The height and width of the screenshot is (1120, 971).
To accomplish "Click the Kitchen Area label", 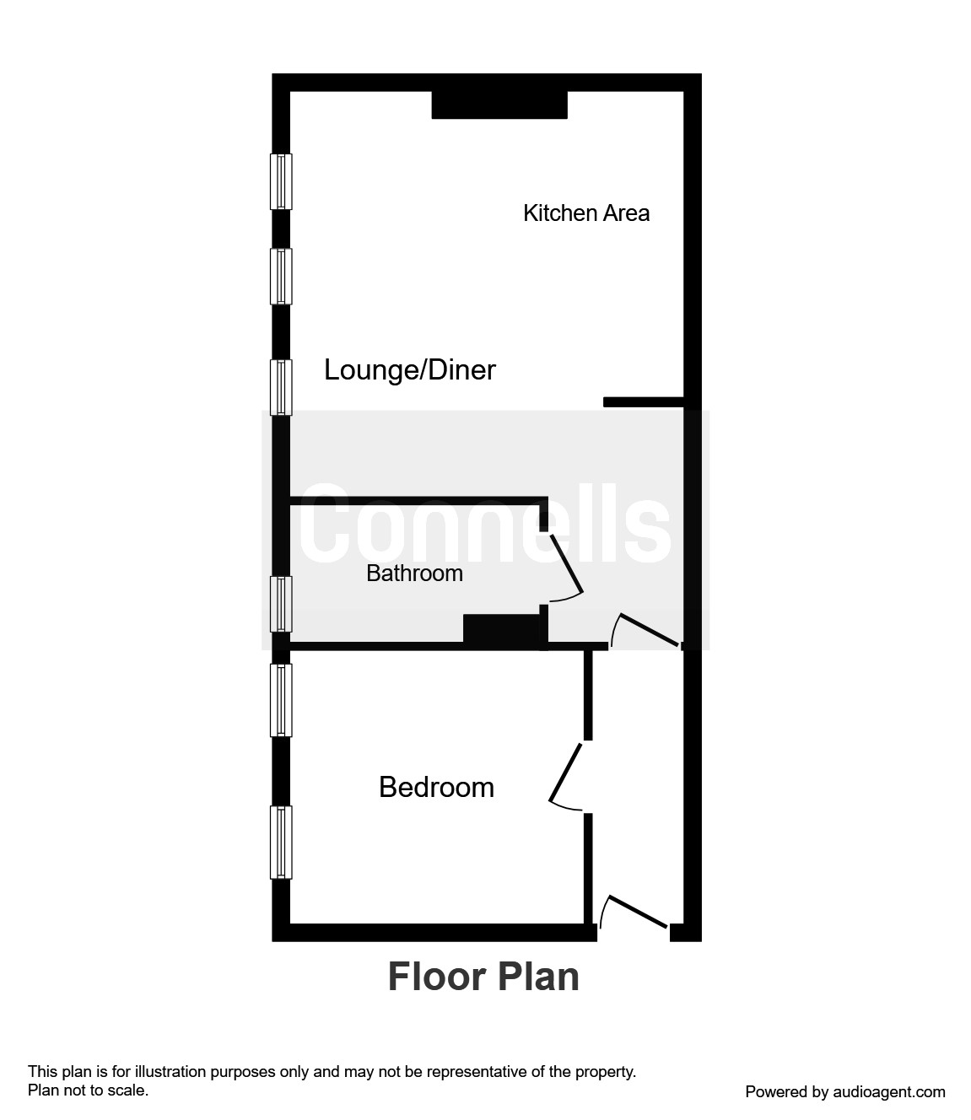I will click(586, 213).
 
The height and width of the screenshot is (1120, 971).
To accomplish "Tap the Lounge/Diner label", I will click(410, 369).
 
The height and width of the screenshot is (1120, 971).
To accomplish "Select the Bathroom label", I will click(414, 573).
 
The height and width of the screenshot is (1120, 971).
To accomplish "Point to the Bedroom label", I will click(436, 787).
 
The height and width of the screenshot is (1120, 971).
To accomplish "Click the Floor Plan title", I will click(483, 977).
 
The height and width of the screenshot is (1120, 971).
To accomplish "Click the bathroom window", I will click(281, 603).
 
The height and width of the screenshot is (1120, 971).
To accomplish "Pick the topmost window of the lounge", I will click(281, 181).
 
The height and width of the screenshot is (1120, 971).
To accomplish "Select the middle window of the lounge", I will click(281, 276).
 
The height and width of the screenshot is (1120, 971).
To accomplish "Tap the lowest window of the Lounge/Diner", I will click(281, 387).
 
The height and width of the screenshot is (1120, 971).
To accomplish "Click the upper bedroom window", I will click(281, 699).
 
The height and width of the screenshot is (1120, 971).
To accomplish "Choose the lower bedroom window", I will click(281, 843).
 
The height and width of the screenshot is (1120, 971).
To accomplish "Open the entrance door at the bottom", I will click(638, 914).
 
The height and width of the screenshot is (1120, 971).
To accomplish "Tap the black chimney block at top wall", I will click(499, 105).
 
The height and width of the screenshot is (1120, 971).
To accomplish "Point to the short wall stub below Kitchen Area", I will click(643, 402).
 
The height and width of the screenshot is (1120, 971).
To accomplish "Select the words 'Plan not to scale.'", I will click(88, 1090).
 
